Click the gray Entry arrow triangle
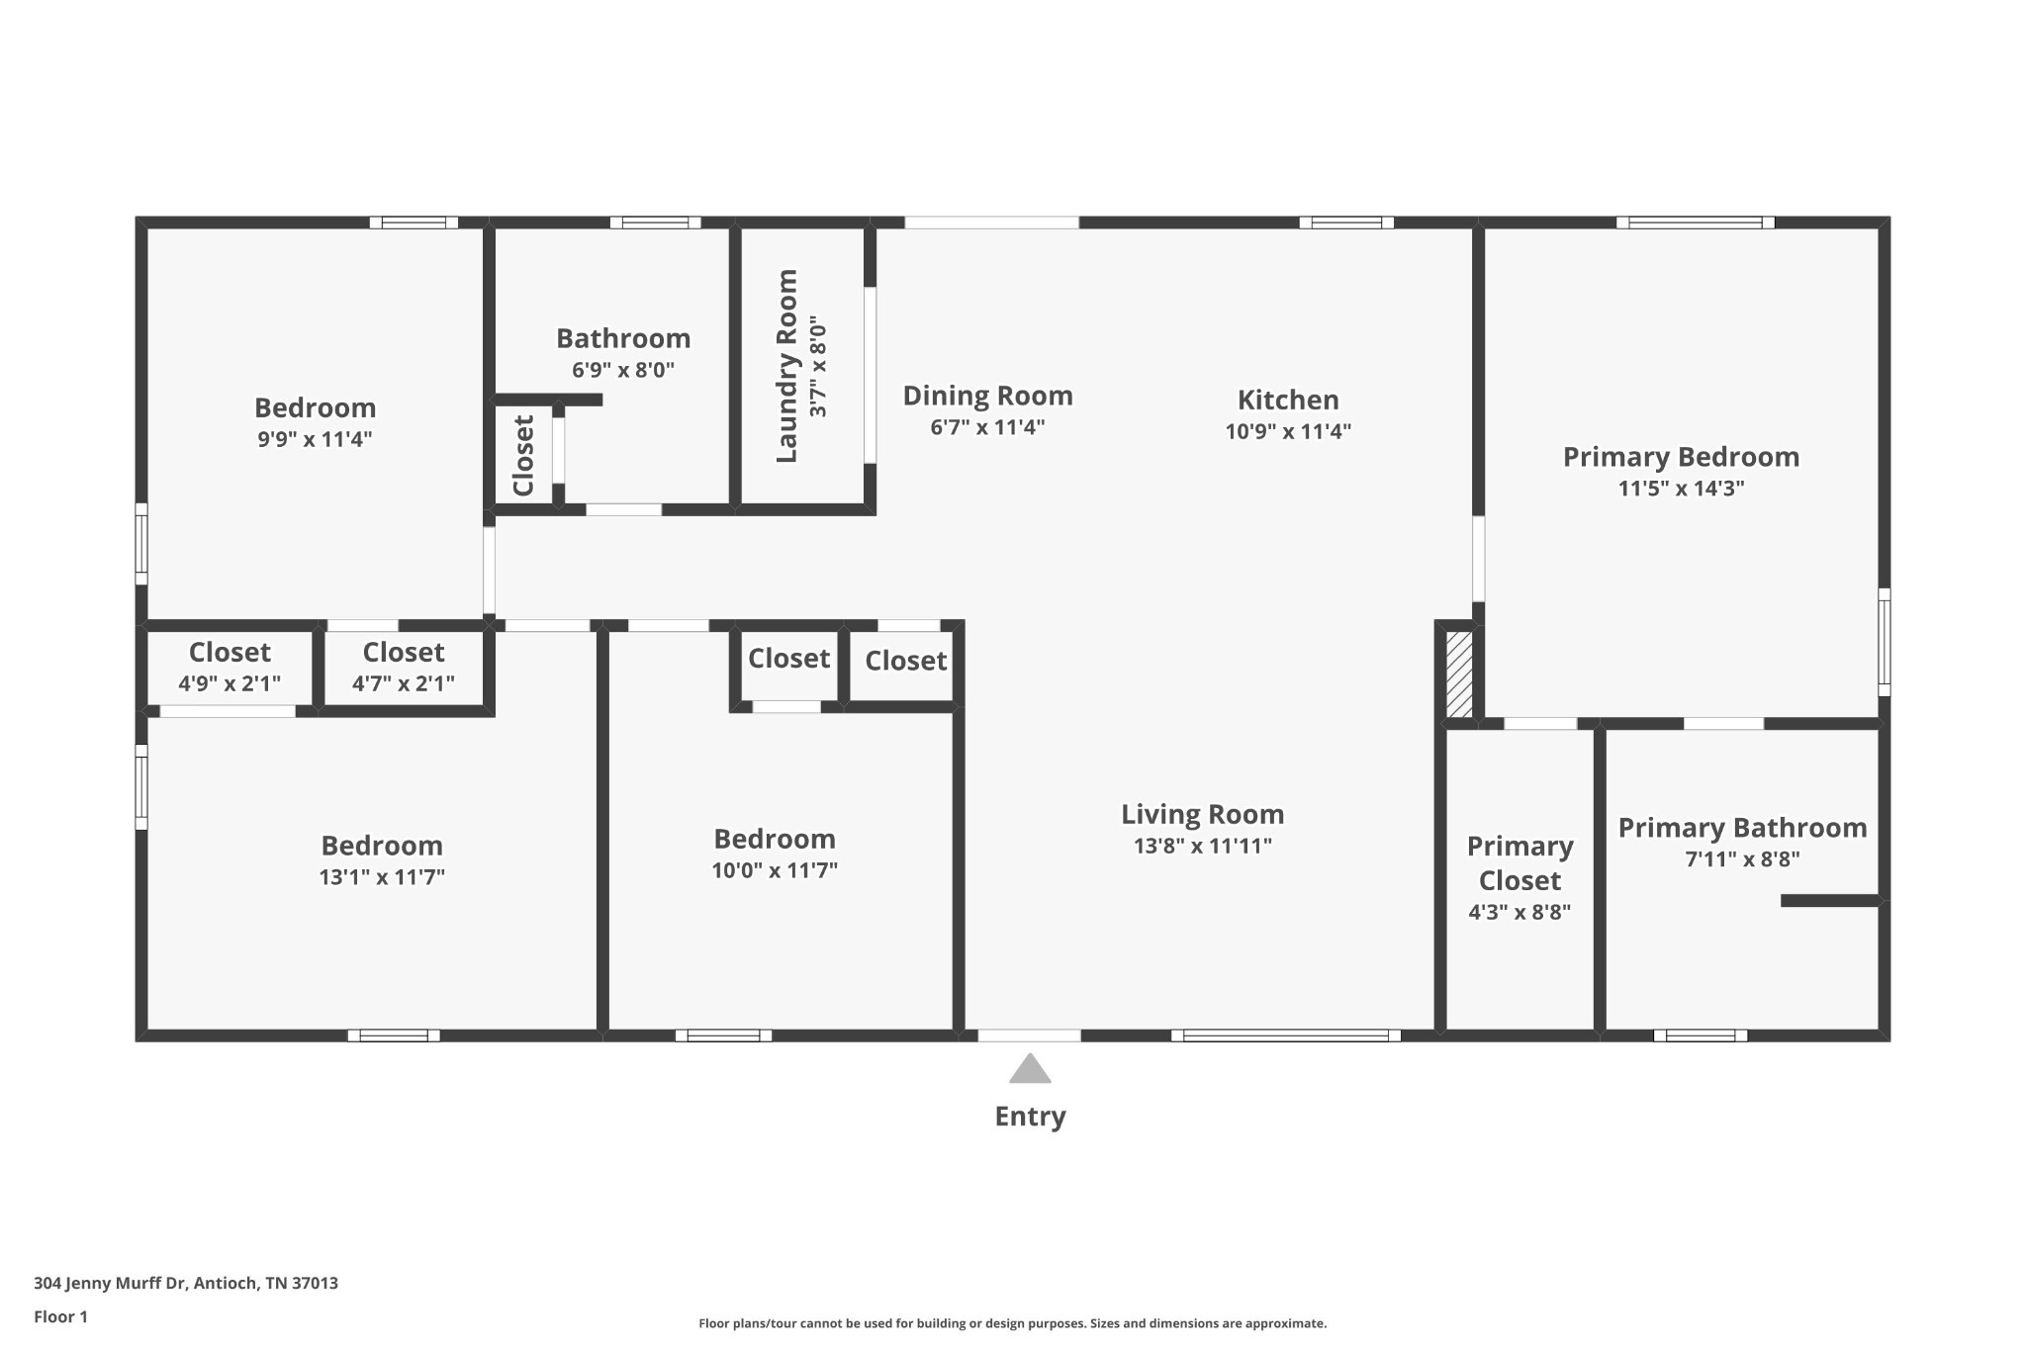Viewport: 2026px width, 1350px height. pyautogui.click(x=1030, y=1068)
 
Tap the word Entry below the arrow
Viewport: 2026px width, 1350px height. pyautogui.click(x=1030, y=1117)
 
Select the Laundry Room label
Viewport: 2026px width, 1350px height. pyautogui.click(x=787, y=366)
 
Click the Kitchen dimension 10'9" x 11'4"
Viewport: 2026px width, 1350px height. pyautogui.click(x=1288, y=431)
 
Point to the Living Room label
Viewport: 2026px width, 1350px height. pyautogui.click(x=1202, y=814)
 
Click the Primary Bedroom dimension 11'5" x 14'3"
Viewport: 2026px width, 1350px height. pyautogui.click(x=1681, y=489)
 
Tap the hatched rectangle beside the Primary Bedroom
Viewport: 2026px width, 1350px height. pyautogui.click(x=1459, y=675)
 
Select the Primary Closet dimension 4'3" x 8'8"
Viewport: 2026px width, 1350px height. pyautogui.click(x=1519, y=912)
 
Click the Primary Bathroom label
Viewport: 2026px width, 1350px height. pyautogui.click(x=1742, y=828)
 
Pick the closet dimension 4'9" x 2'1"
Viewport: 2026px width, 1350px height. pyautogui.click(x=230, y=683)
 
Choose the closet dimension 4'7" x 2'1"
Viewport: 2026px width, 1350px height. pyautogui.click(x=404, y=683)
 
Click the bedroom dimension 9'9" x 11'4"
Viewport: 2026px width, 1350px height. pyautogui.click(x=315, y=439)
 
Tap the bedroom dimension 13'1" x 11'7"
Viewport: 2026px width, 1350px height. pyautogui.click(x=382, y=877)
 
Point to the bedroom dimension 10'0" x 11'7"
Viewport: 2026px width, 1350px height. pyautogui.click(x=775, y=871)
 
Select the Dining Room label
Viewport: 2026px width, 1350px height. pyautogui.click(x=987, y=396)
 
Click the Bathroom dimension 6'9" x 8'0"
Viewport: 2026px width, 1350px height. pyautogui.click(x=623, y=371)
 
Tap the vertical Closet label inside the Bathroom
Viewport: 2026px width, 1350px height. pyautogui.click(x=523, y=456)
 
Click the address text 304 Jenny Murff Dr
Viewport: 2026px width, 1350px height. pyautogui.click(x=110, y=1283)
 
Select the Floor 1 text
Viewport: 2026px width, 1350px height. pyautogui.click(x=60, y=1316)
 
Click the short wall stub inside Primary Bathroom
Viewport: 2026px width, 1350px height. pyautogui.click(x=1830, y=901)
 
